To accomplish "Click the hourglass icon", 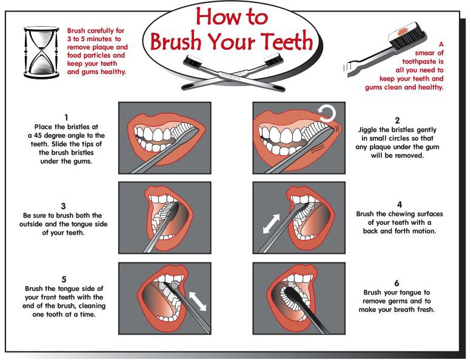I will tap(36, 51).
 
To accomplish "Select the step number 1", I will tap(65, 116).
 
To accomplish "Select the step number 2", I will tap(397, 120).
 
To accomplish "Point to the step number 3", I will tap(62, 205).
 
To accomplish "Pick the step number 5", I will tap(65, 279).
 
